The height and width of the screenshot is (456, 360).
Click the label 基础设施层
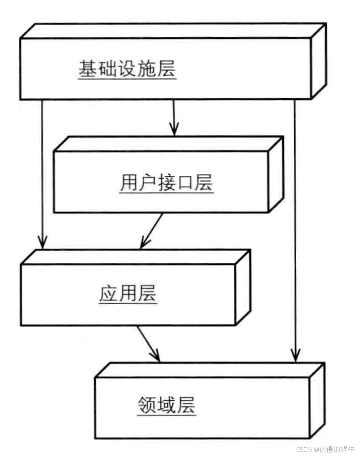coord(127,69)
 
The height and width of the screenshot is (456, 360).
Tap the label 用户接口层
coord(166,183)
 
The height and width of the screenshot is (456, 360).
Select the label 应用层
coord(128,294)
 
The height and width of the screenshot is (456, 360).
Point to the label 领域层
coord(167,406)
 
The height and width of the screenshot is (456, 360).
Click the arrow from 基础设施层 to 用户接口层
coord(174,118)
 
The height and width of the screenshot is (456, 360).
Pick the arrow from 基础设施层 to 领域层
coord(295,230)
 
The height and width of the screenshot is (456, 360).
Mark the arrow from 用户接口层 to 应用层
coord(151,231)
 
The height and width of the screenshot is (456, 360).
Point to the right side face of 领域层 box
coord(317,400)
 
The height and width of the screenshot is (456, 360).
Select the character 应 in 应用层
coord(108,294)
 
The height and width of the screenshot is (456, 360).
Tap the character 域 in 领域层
coord(167,406)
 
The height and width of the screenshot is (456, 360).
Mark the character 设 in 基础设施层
coord(127,69)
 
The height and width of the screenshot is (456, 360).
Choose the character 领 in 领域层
coord(147,406)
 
